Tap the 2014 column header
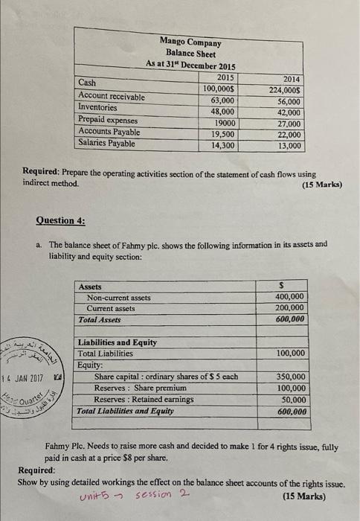click(x=292, y=78)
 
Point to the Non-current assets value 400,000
click(x=289, y=297)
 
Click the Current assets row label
click(x=111, y=308)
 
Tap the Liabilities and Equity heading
click(x=117, y=342)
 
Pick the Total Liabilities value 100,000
click(x=289, y=354)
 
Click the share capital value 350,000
click(x=289, y=377)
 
